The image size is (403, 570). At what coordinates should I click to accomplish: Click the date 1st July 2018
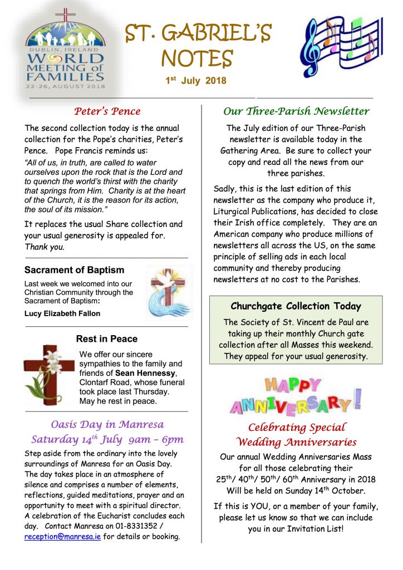[195, 81]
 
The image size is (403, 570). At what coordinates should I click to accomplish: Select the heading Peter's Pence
[107, 111]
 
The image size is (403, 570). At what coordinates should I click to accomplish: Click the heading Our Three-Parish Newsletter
[296, 111]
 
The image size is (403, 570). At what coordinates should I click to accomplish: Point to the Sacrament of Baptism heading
[75, 270]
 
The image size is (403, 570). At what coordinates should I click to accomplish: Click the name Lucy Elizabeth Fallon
[62, 313]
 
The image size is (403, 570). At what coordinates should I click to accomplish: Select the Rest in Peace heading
[107, 338]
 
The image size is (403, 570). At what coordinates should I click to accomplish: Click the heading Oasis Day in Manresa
[107, 424]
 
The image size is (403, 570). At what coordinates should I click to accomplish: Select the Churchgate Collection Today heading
[296, 306]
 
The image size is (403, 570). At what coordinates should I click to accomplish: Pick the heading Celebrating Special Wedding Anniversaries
[296, 435]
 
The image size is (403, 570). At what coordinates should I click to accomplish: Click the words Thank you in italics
[45, 247]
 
